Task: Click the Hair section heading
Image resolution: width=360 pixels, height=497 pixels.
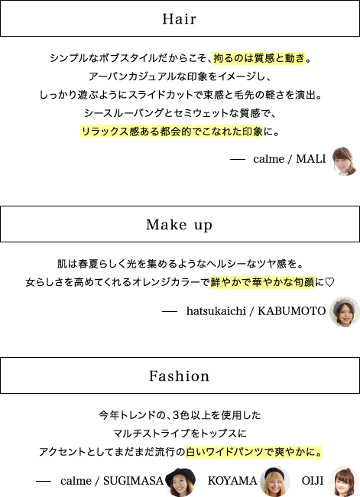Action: tap(180, 19)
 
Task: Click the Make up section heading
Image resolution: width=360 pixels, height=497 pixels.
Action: tap(179, 225)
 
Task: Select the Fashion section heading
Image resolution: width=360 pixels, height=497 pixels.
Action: tap(180, 376)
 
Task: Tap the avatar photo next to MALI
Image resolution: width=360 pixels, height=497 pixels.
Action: tap(344, 161)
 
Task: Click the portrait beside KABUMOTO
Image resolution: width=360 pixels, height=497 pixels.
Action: tap(345, 312)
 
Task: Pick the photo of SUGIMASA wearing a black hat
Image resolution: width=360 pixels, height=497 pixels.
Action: tap(180, 482)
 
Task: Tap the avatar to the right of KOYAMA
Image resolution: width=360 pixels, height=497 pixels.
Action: tap(274, 482)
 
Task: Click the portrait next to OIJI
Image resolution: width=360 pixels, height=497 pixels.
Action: tap(344, 482)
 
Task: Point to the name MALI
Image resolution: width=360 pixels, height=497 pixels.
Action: tap(311, 159)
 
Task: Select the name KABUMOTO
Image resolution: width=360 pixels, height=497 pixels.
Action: tap(291, 311)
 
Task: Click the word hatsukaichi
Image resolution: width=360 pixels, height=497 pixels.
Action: tap(216, 311)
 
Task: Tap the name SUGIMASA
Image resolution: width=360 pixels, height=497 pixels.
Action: tap(133, 481)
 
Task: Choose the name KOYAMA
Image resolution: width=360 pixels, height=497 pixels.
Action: tap(232, 481)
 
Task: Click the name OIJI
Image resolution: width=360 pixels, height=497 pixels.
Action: tap(313, 481)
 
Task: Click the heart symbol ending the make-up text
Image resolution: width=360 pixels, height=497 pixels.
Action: tap(329, 282)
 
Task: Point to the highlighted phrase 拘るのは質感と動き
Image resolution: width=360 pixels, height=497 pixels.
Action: tap(259, 58)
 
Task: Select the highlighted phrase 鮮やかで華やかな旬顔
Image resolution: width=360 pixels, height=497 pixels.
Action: tap(262, 282)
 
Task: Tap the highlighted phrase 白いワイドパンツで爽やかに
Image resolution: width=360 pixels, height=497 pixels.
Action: tap(254, 452)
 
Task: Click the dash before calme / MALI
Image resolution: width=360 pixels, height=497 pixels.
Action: tap(238, 160)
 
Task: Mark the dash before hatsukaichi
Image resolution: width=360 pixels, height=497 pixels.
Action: tap(170, 312)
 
